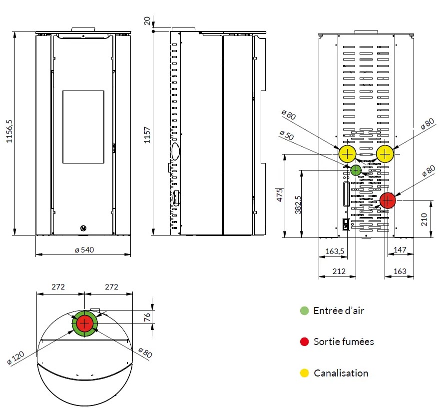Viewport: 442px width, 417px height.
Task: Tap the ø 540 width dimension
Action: click(84, 249)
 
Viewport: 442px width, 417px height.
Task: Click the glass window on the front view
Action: click(83, 127)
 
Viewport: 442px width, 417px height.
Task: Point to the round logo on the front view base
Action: click(83, 228)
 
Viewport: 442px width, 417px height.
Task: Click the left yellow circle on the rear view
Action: click(347, 154)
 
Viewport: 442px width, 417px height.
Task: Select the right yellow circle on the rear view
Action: click(385, 154)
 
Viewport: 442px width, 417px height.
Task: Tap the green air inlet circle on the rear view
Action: click(356, 170)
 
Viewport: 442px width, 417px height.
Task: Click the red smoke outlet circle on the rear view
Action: click(388, 200)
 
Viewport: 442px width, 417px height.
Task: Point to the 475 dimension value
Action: click(280, 195)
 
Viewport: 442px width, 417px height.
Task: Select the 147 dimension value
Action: click(400, 250)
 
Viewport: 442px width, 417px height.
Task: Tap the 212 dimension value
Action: click(338, 271)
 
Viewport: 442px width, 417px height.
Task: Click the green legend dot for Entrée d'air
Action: click(304, 310)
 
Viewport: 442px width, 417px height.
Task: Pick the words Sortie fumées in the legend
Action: click(344, 341)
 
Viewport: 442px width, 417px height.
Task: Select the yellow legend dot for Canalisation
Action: click(304, 373)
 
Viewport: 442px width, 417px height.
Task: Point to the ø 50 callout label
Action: click(286, 135)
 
